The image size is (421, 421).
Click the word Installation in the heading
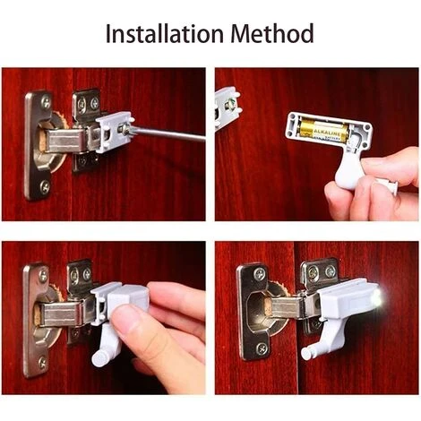coord(165,33)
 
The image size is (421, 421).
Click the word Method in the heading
coord(272,33)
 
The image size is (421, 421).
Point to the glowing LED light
coord(377,298)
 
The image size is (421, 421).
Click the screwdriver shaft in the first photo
coord(168,133)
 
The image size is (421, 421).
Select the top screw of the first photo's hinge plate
coord(46,102)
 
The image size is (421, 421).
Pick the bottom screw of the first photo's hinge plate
coord(45,186)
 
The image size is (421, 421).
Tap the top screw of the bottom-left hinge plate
coord(43,276)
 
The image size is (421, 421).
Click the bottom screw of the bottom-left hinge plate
coord(43,362)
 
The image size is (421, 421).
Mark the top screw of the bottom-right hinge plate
coord(260,273)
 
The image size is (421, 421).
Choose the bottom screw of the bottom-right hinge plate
coord(262,348)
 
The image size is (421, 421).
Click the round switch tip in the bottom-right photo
coord(306,353)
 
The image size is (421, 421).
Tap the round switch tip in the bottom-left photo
coord(99,358)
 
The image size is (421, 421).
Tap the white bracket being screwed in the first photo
coord(114,133)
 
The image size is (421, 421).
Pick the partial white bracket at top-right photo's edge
coord(228,108)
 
